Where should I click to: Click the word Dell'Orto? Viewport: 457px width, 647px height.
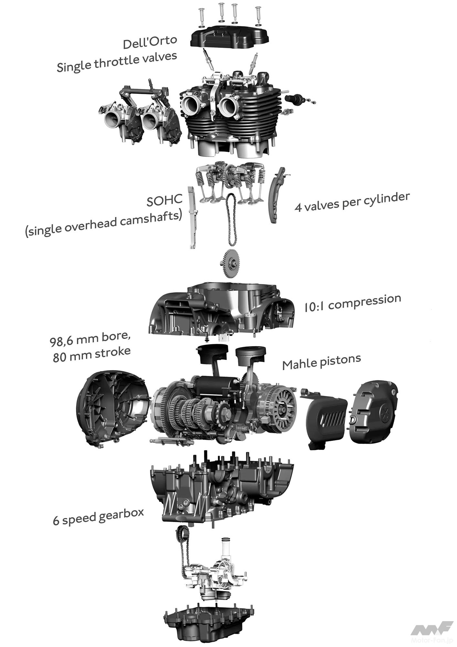click(150, 42)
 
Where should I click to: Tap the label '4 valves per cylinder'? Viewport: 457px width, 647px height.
click(352, 202)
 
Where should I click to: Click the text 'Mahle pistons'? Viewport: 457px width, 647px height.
click(321, 362)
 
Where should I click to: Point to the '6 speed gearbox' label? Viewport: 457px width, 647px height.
click(98, 516)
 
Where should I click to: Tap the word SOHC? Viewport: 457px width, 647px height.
click(165, 200)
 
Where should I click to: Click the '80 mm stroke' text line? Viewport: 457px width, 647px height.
click(91, 355)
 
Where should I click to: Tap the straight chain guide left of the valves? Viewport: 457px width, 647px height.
click(193, 217)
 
